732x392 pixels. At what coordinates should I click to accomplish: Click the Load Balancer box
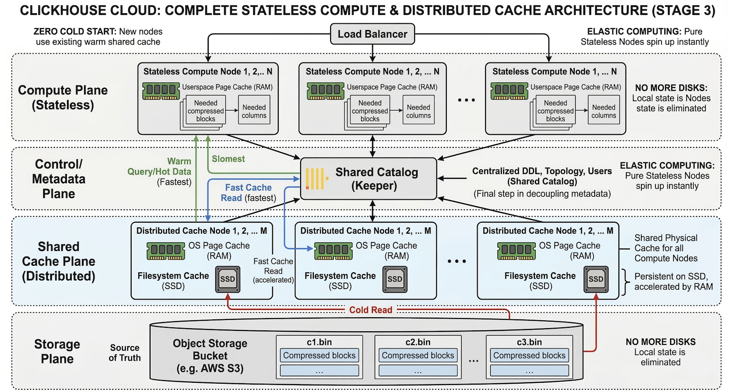(x=372, y=34)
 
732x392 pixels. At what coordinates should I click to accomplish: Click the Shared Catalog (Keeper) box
(x=368, y=179)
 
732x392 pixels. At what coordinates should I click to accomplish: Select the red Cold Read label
(x=371, y=310)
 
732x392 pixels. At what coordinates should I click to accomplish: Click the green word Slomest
(x=228, y=159)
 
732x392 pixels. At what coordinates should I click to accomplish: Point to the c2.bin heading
(x=418, y=342)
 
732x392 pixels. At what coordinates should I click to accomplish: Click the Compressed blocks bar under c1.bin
(x=319, y=355)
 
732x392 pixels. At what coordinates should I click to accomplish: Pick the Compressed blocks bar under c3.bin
(x=530, y=355)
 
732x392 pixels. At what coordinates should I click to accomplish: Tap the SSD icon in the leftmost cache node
(x=228, y=279)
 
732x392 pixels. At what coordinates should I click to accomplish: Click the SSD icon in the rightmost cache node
(x=596, y=279)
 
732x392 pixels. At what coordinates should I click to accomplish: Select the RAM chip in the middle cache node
(x=333, y=251)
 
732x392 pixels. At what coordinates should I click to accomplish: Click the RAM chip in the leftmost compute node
(x=161, y=91)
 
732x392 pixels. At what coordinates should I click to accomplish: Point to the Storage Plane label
(x=57, y=352)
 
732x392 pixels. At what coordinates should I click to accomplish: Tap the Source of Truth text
(x=125, y=353)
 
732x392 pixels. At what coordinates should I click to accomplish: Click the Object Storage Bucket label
(x=210, y=356)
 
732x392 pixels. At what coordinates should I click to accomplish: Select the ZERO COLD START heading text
(x=75, y=32)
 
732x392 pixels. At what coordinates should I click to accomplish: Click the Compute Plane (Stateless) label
(x=63, y=97)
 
